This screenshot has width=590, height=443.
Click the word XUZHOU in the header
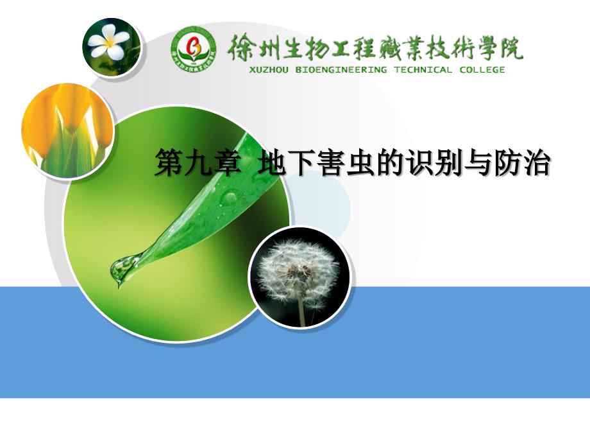point(269,70)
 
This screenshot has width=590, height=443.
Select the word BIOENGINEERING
point(341,70)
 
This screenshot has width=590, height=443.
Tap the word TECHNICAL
point(423,70)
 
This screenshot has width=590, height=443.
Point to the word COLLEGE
point(482,70)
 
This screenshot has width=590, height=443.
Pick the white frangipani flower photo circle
point(112,47)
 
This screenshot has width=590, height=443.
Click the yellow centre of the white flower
point(110,43)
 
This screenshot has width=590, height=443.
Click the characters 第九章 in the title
point(198,162)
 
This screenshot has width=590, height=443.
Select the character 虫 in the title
point(360,162)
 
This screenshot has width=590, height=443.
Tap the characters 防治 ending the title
point(522,162)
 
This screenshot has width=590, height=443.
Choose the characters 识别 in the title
point(434,162)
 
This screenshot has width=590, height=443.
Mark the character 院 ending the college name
point(511,48)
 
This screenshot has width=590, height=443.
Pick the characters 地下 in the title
point(287,162)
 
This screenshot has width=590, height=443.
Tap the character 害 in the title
point(331,162)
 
